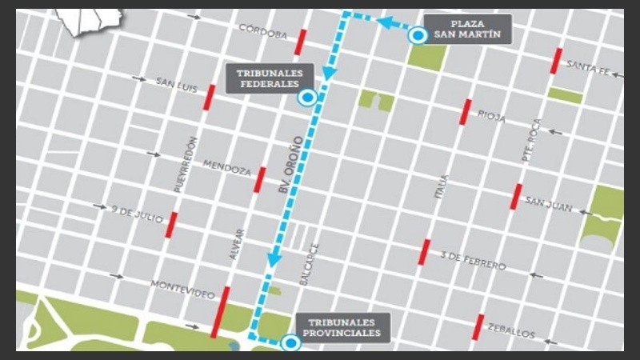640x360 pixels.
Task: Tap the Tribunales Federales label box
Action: point(268,78)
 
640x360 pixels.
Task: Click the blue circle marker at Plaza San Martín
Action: point(417,35)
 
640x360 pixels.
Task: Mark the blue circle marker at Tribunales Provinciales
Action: point(290,343)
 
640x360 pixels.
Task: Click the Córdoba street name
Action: point(263,33)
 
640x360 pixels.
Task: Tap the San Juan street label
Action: point(549,206)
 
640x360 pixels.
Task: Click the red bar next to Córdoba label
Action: point(301,40)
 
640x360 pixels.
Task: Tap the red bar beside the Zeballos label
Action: point(478,326)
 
